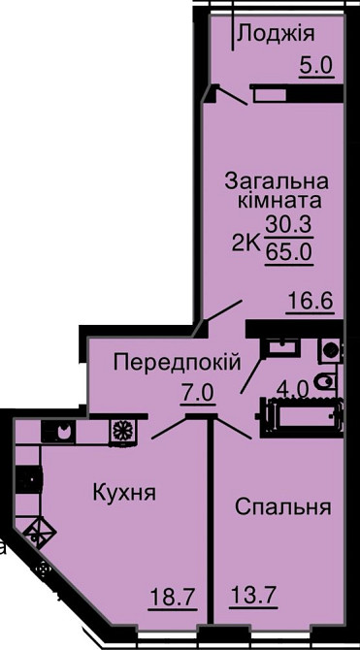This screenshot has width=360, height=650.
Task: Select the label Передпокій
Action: (x=176, y=363)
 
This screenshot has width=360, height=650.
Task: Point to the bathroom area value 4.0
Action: (x=292, y=389)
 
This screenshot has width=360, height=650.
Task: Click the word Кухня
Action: (x=124, y=493)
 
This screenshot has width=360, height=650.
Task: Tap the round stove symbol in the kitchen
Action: (x=123, y=429)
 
